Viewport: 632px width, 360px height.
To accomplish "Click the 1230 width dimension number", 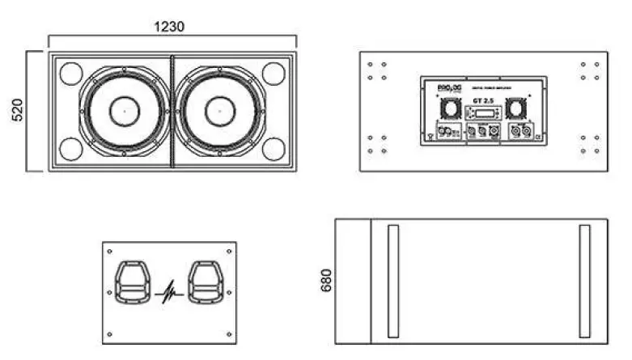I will pyautogui.click(x=169, y=26).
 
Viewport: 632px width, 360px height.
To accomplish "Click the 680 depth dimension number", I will pyautogui.click(x=326, y=280).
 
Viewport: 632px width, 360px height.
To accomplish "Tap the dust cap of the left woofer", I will pyautogui.click(x=125, y=111).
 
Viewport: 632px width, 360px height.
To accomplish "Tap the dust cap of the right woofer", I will pyautogui.click(x=218, y=111).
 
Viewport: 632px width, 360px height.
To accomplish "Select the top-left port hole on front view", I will pyautogui.click(x=70, y=74).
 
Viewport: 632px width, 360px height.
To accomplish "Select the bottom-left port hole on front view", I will pyautogui.click(x=70, y=149).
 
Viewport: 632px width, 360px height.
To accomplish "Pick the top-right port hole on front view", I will pyautogui.click(x=274, y=74).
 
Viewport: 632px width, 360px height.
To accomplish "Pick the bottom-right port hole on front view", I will pyautogui.click(x=274, y=149).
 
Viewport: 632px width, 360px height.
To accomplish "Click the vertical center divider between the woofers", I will pyautogui.click(x=172, y=111).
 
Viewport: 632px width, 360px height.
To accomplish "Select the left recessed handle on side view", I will pyautogui.click(x=130, y=283).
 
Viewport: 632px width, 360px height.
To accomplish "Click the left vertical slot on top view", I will pyautogui.click(x=393, y=281).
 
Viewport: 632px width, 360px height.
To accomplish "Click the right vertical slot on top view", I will pyautogui.click(x=584, y=281).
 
